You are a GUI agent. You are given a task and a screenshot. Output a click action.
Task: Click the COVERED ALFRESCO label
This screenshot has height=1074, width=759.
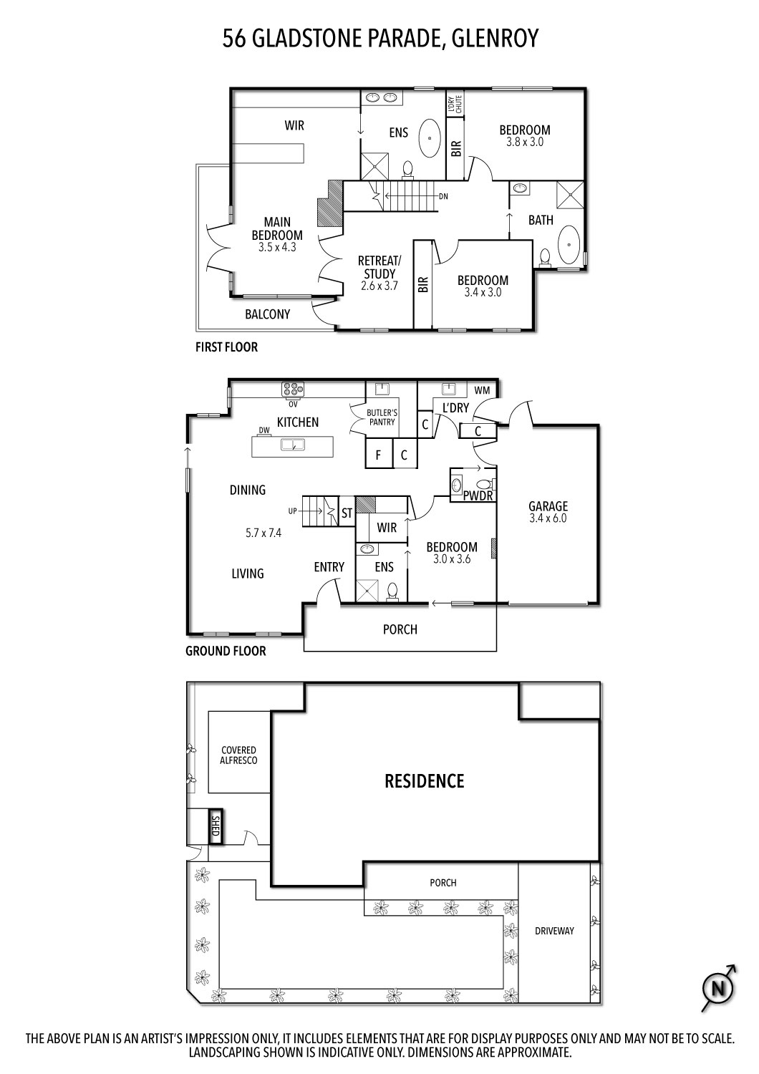238,755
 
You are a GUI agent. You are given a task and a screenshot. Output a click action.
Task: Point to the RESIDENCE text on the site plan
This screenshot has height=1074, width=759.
425,780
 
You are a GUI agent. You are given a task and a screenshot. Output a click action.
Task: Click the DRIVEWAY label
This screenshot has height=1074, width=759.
554,932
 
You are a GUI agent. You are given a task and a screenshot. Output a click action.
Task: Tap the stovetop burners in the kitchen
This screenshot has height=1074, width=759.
293,389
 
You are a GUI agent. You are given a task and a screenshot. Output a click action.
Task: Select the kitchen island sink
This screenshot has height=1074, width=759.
293,445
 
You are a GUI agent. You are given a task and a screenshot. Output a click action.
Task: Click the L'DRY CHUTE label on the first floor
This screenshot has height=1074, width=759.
455,105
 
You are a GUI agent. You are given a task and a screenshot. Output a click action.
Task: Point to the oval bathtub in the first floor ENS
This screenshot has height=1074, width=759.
430,137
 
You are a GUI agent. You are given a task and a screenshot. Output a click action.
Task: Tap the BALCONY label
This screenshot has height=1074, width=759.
267,314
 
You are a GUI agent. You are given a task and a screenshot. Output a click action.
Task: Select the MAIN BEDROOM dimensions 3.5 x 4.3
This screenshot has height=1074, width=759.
277,247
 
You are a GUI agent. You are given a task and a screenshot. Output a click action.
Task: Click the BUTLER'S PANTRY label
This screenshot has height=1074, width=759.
382,417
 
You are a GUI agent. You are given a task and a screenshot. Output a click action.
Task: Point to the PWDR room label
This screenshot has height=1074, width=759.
476,495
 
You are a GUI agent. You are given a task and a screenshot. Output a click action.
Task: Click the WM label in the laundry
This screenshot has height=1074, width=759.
483,390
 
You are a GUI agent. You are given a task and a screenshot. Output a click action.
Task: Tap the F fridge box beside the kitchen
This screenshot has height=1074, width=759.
378,455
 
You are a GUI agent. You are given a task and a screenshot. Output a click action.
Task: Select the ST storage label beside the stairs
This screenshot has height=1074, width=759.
347,513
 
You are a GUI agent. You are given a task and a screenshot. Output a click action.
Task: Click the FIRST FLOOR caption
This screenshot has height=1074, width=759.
226,347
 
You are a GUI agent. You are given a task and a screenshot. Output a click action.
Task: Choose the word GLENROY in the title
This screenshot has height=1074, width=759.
495,38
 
